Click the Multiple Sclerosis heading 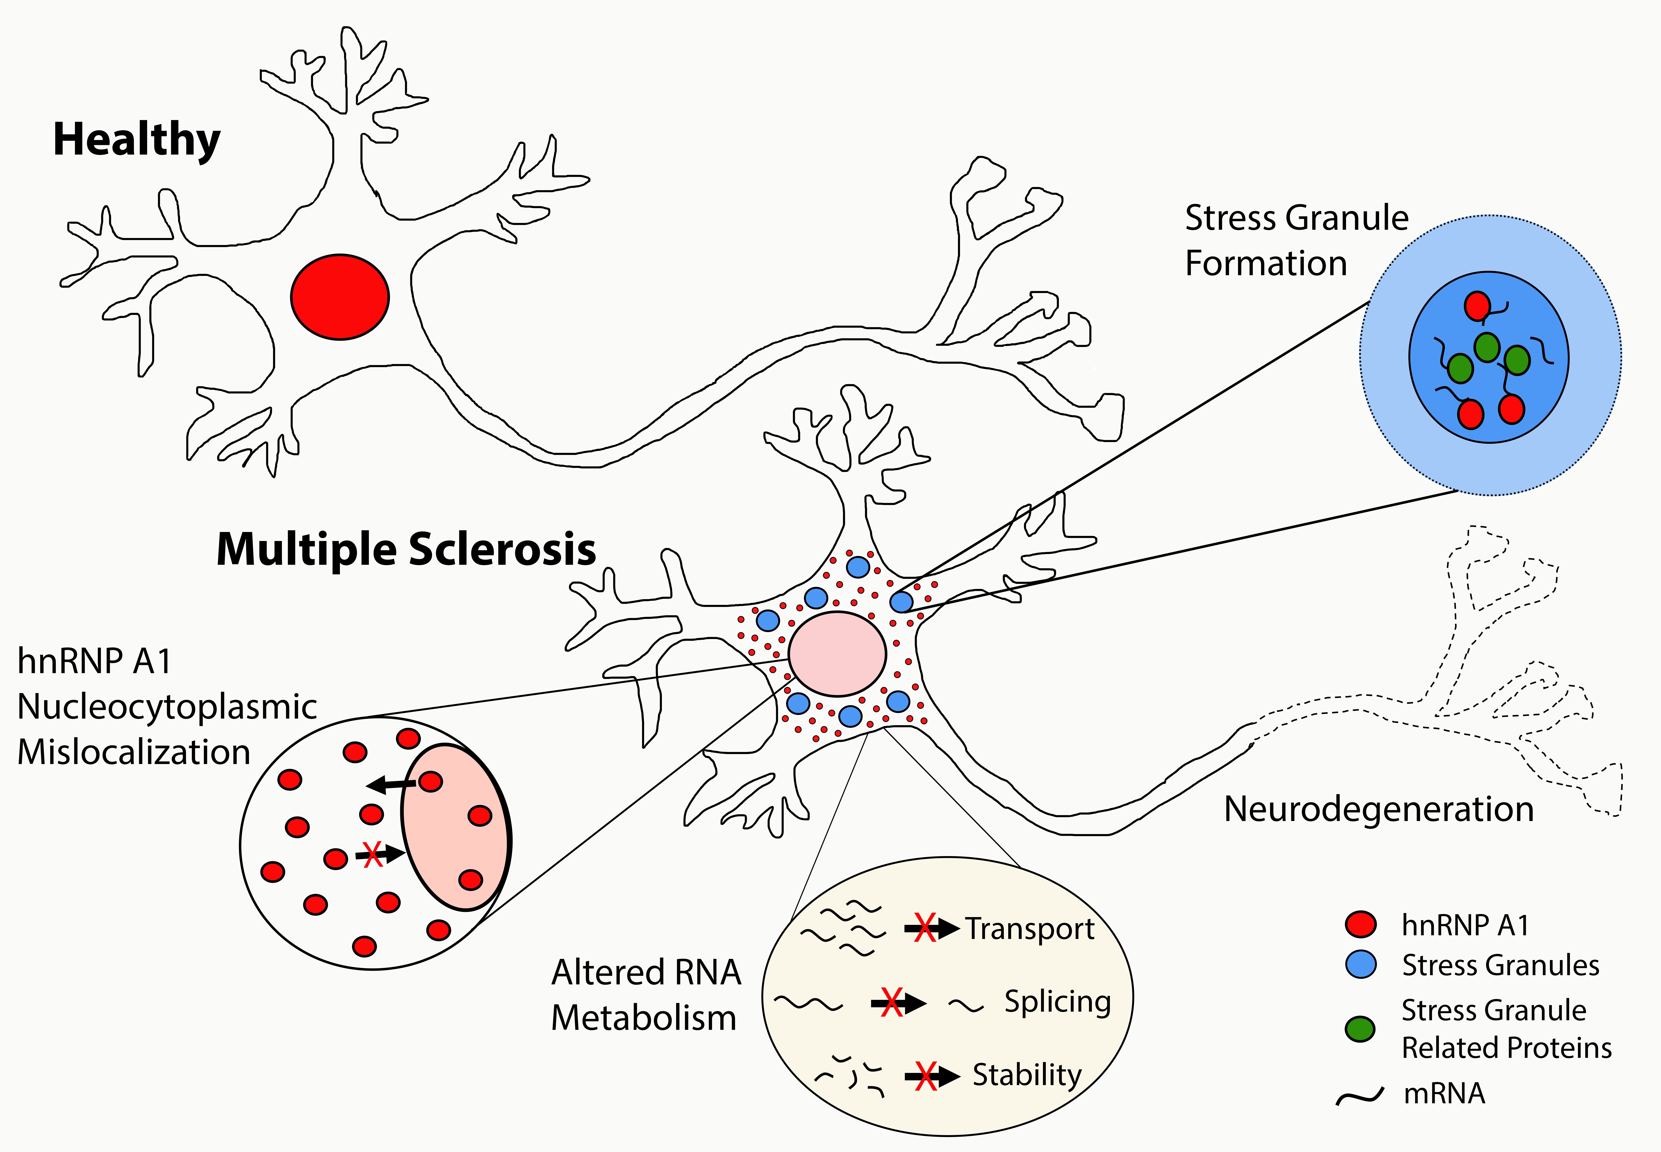tap(406, 550)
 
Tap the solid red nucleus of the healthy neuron tap(340, 297)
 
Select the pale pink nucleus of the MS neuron tap(837, 653)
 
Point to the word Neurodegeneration tap(1379, 809)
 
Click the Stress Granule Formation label tap(1297, 240)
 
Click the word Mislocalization tap(134, 752)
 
